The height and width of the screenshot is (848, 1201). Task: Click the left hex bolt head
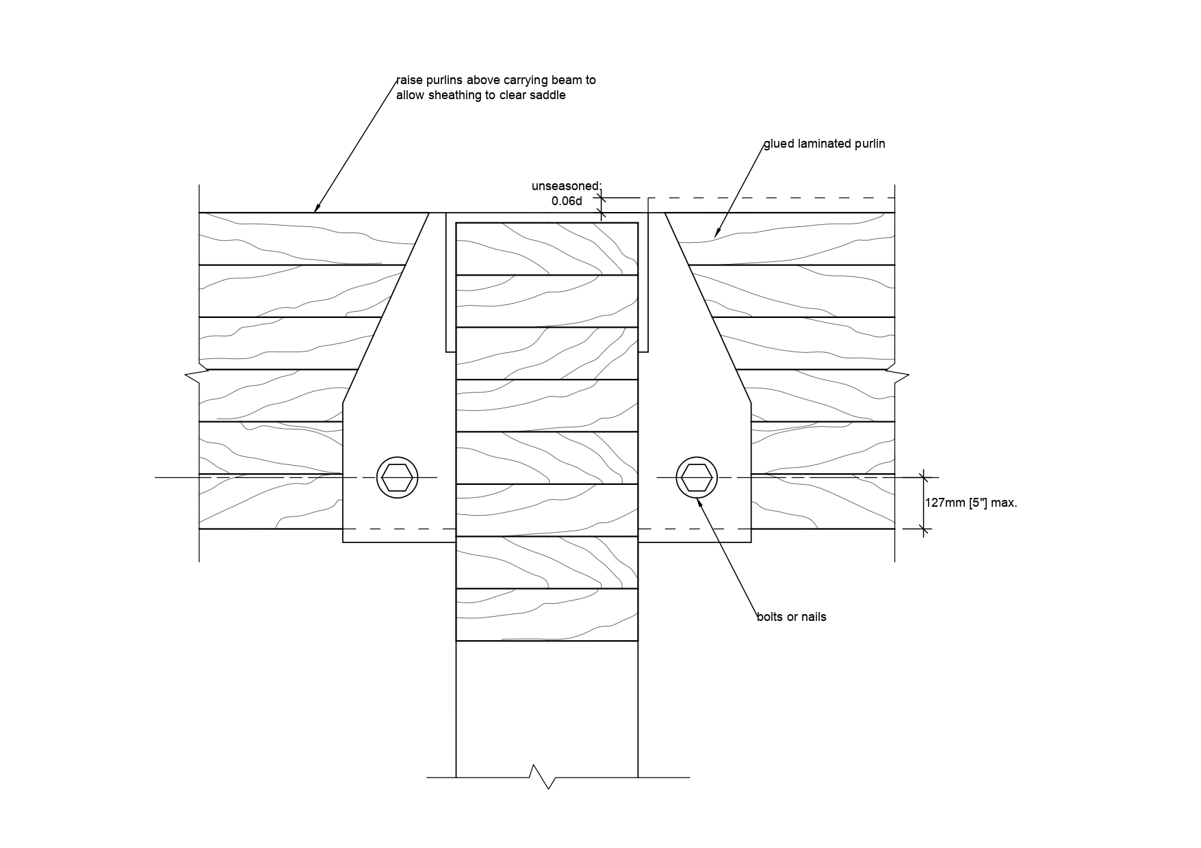pos(397,477)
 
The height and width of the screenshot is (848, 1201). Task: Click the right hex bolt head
pos(697,477)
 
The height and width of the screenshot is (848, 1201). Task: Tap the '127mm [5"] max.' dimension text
pos(971,503)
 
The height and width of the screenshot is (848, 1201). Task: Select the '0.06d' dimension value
pos(567,201)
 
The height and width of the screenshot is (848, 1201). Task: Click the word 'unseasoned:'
pos(566,186)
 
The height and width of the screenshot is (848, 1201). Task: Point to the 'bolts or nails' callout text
pos(791,617)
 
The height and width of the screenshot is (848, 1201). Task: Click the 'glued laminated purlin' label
pos(824,144)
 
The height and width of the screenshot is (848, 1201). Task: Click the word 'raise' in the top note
pos(409,80)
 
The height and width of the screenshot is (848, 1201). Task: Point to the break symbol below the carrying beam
pos(542,777)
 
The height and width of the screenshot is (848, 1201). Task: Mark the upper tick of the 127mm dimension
pos(924,477)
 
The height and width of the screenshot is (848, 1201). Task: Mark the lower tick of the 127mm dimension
pos(924,529)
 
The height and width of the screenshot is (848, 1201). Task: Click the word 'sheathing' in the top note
pos(455,95)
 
